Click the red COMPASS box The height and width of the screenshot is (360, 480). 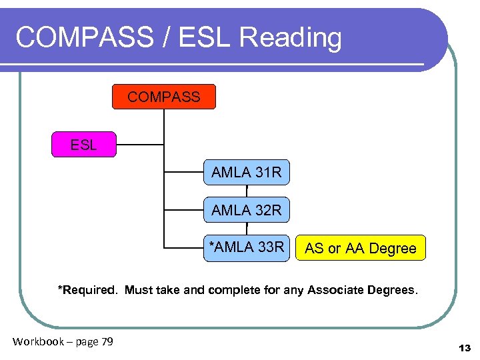pos(163,97)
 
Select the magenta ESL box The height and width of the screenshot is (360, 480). pos(83,145)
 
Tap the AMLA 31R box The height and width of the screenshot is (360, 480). pos(247,173)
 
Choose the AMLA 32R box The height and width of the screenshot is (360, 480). pos(247,211)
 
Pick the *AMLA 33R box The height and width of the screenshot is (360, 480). pos(247,247)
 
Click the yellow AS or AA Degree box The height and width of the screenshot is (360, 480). pos(361,249)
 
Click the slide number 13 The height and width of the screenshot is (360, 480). pos(465,348)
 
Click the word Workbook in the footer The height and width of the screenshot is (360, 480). pos(38,342)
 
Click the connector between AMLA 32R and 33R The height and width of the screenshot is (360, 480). pos(247,229)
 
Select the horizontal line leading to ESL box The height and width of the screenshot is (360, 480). pos(140,145)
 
